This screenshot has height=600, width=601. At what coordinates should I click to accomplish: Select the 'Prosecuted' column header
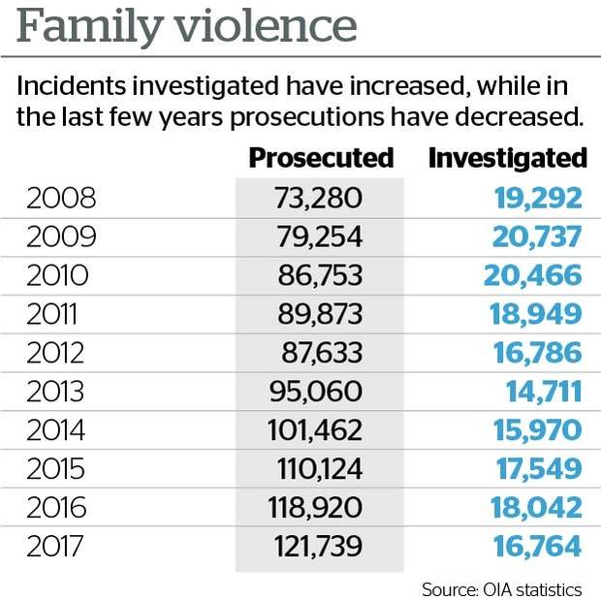322,158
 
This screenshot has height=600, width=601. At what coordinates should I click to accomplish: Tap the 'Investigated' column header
508,158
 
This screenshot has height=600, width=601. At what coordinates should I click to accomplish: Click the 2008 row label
61,199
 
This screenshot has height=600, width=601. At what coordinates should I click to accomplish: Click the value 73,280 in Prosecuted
318,199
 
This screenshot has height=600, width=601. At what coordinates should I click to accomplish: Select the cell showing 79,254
318,237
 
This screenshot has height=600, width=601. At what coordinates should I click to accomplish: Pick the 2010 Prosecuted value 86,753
318,276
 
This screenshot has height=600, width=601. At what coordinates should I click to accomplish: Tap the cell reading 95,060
313,393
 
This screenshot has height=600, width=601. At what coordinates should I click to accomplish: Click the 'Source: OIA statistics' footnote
502,588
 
